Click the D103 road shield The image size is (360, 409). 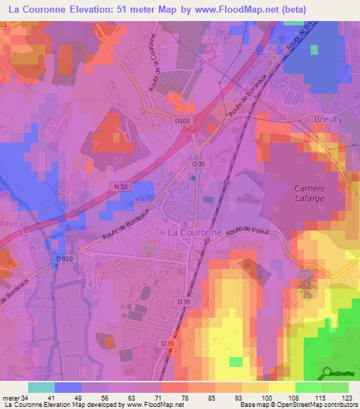coord(182,121)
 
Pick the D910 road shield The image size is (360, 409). coord(64,259)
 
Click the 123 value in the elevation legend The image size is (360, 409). coord(347,398)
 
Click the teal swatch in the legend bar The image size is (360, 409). coord(41,387)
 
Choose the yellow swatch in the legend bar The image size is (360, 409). coord(281,387)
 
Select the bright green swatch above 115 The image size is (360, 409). coord(308,387)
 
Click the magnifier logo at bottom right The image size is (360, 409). coord(328,372)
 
